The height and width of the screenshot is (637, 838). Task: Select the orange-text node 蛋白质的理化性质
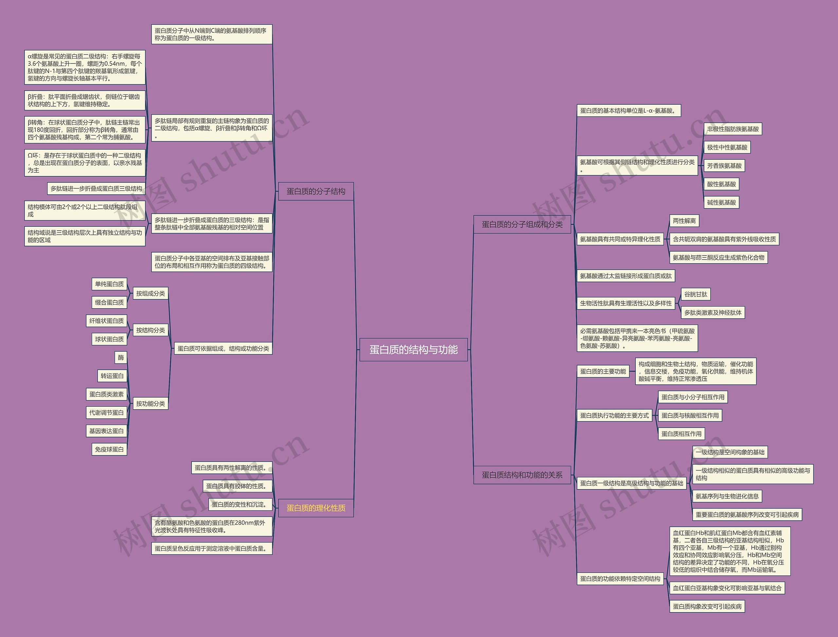pyautogui.click(x=316, y=508)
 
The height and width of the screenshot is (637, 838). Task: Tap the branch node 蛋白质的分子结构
pyautogui.click(x=316, y=191)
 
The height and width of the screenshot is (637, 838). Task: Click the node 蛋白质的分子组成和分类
pyautogui.click(x=522, y=224)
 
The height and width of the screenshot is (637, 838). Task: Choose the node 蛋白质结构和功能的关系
pyautogui.click(x=522, y=475)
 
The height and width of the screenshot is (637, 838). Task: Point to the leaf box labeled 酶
pyautogui.click(x=121, y=357)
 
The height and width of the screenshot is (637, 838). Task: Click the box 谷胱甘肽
pyautogui.click(x=695, y=294)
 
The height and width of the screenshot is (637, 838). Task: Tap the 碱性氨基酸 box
pyautogui.click(x=721, y=203)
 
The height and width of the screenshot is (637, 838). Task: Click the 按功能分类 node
pyautogui.click(x=151, y=403)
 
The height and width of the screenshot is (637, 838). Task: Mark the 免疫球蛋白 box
pyautogui.click(x=109, y=449)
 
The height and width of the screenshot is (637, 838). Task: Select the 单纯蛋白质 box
pyautogui.click(x=109, y=284)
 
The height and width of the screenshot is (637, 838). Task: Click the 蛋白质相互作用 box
pyautogui.click(x=681, y=434)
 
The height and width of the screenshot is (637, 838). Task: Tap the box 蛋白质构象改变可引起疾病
pyautogui.click(x=707, y=606)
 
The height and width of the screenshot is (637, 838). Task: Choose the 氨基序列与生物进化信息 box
pyautogui.click(x=727, y=496)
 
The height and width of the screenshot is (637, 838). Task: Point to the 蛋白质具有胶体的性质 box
pyautogui.click(x=237, y=486)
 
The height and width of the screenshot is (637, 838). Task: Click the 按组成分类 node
pyautogui.click(x=151, y=293)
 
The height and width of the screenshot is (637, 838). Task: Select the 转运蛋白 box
pyautogui.click(x=112, y=376)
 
